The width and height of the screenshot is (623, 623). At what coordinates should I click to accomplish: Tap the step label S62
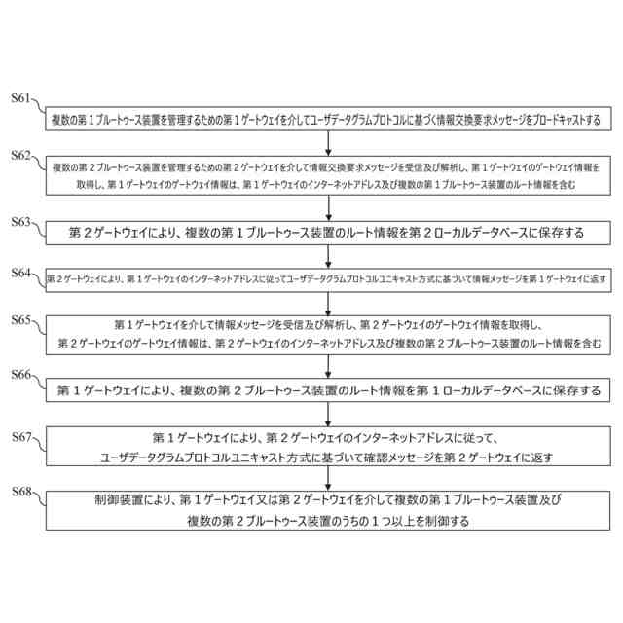21,156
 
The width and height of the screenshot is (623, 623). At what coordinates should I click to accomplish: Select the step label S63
21,223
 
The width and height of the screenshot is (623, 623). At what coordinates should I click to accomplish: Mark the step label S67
21,437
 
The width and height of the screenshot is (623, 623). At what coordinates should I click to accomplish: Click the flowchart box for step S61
326,121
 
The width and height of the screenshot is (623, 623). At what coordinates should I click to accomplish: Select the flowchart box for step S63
326,233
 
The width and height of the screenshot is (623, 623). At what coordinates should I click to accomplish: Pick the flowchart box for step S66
326,390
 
